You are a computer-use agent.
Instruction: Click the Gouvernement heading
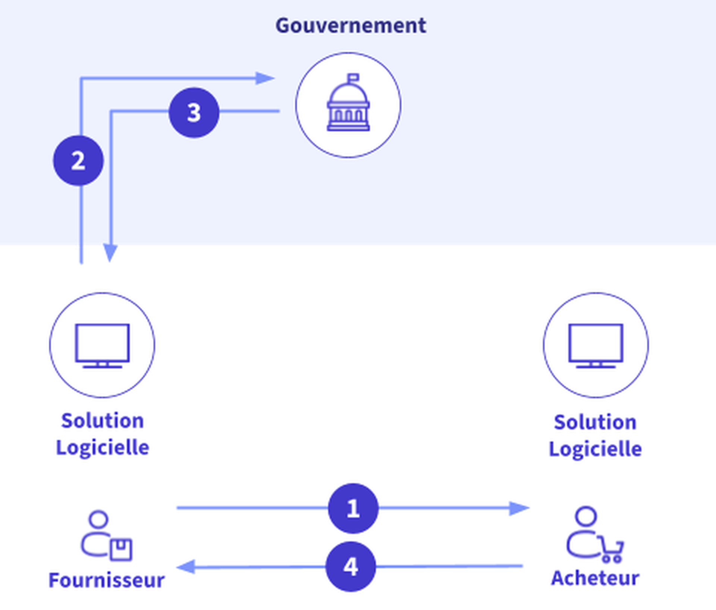pyautogui.click(x=351, y=26)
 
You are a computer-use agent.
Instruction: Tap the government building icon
pyautogui.click(x=348, y=105)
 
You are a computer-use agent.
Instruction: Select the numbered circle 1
pyautogui.click(x=353, y=508)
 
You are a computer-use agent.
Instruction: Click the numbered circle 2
pyautogui.click(x=78, y=161)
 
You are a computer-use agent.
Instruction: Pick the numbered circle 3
pyautogui.click(x=194, y=113)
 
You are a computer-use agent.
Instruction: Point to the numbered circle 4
pyautogui.click(x=351, y=567)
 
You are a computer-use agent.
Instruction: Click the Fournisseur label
pyautogui.click(x=107, y=580)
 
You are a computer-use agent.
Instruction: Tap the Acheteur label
pyautogui.click(x=595, y=578)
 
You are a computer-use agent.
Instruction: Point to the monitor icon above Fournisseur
pyautogui.click(x=102, y=345)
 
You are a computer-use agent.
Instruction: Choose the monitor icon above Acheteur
pyautogui.click(x=596, y=345)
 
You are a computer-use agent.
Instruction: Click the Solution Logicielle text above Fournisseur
pyautogui.click(x=103, y=434)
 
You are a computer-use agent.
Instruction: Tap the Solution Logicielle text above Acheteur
pyautogui.click(x=595, y=436)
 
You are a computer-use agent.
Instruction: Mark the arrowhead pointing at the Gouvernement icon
pyautogui.click(x=265, y=78)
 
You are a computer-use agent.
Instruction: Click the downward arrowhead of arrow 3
pyautogui.click(x=110, y=253)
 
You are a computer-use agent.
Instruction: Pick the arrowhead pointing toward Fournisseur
pyautogui.click(x=186, y=567)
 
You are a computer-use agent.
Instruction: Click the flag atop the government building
pyautogui.click(x=353, y=78)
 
